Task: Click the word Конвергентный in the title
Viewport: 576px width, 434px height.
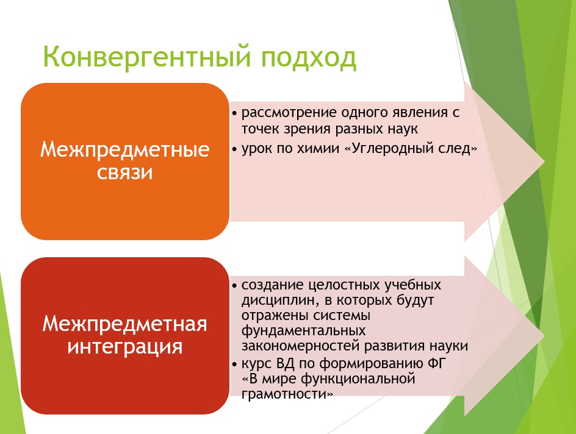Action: pos(147,57)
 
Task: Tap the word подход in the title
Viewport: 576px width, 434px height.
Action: pos(309,58)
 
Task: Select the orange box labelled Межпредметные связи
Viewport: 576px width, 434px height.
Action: pos(125,162)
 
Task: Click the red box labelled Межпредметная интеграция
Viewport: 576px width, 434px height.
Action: pos(125,336)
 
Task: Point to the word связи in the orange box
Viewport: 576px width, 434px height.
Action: pos(125,173)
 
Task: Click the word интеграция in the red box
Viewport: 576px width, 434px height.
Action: pos(125,347)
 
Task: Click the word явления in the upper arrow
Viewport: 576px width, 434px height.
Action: pos(415,113)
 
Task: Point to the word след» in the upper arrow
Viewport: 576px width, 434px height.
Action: pos(458,149)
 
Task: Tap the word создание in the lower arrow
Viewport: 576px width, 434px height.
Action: pos(273,285)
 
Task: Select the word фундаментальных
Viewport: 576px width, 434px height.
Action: pos(303,331)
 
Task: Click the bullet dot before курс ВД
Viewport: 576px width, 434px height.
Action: pos(235,365)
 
